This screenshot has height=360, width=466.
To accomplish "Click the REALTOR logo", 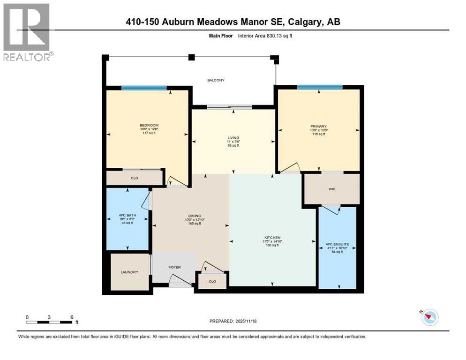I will pos(27,32).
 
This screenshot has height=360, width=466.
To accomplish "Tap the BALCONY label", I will pos(216,80).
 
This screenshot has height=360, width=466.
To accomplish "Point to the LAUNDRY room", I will pos(129,272).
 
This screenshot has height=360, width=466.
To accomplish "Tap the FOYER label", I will pos(174,267).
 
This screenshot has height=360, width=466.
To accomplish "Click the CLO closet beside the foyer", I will pos(211,281).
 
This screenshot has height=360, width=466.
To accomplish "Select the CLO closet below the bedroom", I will pos(134,178).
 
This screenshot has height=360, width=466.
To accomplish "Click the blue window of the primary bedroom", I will pos(319,87).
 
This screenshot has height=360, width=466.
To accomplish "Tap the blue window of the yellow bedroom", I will pos(144,88).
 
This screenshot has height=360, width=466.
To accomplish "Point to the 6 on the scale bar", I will pos(71,317).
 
